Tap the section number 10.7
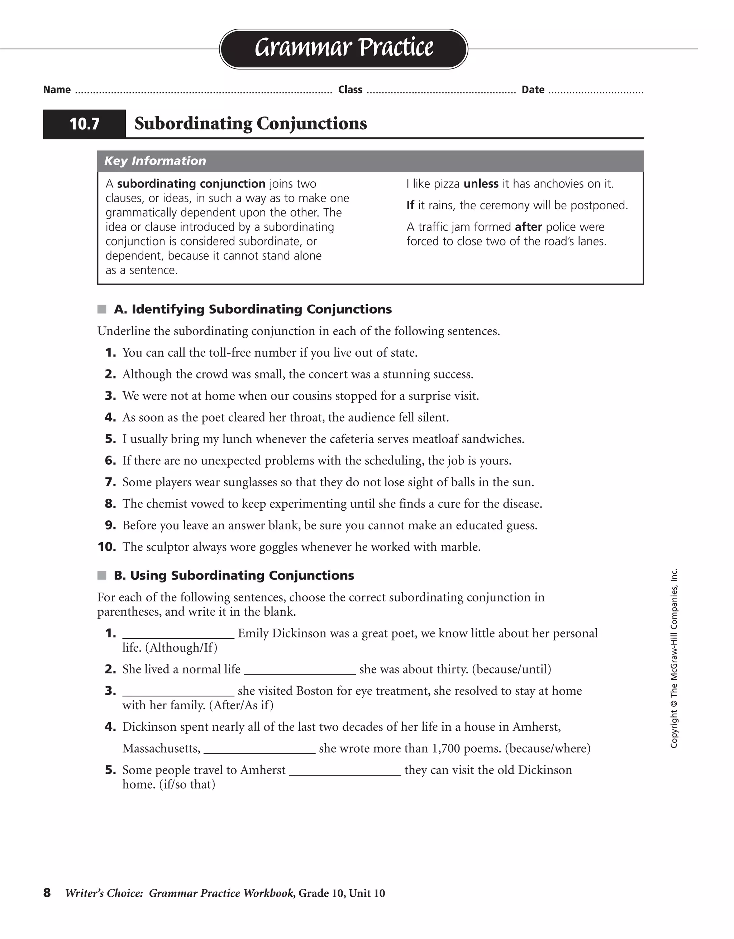(84, 124)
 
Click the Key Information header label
(155, 161)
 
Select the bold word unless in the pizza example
(481, 184)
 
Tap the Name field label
(57, 90)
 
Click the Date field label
(533, 90)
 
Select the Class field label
(350, 90)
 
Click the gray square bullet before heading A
(102, 309)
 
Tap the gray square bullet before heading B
(102, 575)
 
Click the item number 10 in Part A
(107, 547)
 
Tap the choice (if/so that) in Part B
(187, 785)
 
